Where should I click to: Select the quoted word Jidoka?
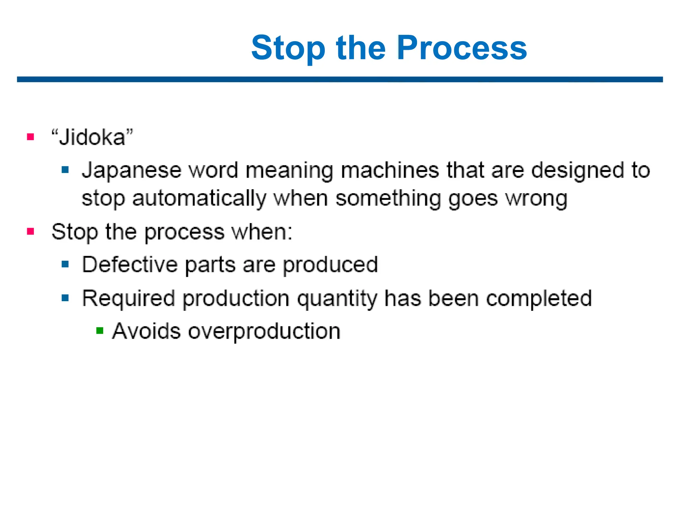click(x=92, y=137)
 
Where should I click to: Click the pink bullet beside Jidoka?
click(x=31, y=137)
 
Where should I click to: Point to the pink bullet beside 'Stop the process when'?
click(x=31, y=231)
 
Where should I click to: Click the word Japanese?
click(x=131, y=171)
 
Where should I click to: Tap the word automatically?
click(x=199, y=199)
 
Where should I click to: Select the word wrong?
click(x=536, y=199)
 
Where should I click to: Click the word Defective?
click(x=130, y=265)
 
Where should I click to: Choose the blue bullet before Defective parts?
click(x=65, y=265)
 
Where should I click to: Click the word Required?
click(x=128, y=298)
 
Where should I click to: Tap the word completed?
click(x=539, y=298)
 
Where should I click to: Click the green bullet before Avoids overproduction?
click(x=100, y=331)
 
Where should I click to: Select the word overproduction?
click(x=264, y=331)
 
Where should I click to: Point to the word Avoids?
click(x=146, y=331)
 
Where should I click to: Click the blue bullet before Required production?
click(x=65, y=298)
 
